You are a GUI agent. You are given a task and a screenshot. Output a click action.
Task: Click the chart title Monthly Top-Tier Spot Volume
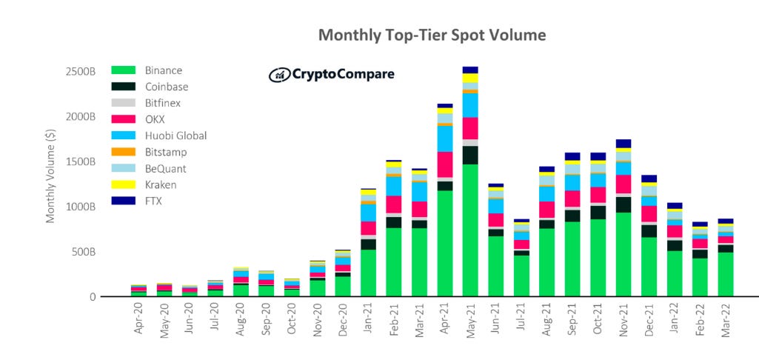(432, 35)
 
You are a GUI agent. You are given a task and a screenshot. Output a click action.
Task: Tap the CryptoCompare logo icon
(278, 74)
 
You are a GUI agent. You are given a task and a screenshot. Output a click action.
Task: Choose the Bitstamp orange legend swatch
(124, 152)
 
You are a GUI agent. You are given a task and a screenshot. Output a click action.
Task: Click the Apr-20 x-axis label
(138, 319)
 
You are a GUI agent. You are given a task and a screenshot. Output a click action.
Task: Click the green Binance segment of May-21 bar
(470, 230)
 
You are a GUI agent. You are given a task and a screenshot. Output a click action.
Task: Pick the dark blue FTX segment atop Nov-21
(623, 144)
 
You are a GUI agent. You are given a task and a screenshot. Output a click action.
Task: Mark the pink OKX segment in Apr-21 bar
(444, 164)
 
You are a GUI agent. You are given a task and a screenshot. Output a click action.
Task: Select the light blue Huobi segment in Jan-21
(368, 213)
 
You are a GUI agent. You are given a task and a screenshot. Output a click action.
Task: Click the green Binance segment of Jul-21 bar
(521, 276)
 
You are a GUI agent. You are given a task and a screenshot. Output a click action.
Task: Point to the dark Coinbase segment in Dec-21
(649, 230)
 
